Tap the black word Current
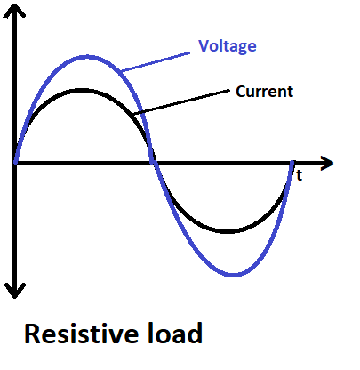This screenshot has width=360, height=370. point(265,91)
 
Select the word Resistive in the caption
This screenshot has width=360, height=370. point(81,334)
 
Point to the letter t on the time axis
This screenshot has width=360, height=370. point(300,176)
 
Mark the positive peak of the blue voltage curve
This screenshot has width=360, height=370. point(85,56)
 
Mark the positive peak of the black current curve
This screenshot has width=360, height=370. point(83,90)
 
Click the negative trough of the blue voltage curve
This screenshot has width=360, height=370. point(235,274)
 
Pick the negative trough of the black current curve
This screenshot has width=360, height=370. point(228,232)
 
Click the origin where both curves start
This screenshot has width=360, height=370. point(16,164)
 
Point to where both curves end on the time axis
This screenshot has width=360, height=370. point(293,164)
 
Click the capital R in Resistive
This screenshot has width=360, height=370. point(33,334)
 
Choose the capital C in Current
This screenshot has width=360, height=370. point(241,91)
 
